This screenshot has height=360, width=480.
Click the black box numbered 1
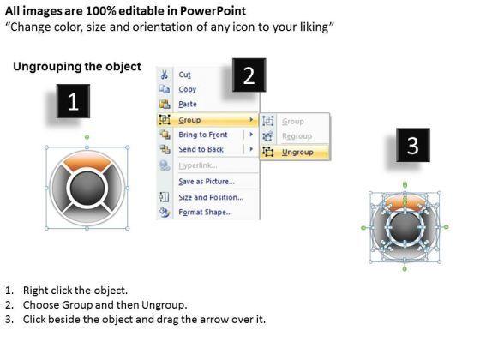click(x=73, y=101)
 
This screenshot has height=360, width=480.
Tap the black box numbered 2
click(x=249, y=75)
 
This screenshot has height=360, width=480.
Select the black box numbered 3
click(x=412, y=145)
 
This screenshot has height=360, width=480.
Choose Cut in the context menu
click(x=184, y=75)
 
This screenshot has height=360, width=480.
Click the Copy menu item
click(x=187, y=89)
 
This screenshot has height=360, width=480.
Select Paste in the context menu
click(x=188, y=104)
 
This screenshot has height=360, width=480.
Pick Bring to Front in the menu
click(x=203, y=135)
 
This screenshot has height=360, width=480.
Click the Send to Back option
click(x=201, y=149)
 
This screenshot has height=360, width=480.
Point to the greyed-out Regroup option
click(x=297, y=136)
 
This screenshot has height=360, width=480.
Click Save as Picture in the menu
click(x=207, y=182)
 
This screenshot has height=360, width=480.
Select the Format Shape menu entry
click(x=205, y=212)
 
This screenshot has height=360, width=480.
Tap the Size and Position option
click(x=211, y=197)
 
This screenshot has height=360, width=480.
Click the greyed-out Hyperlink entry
click(x=198, y=165)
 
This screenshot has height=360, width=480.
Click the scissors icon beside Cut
click(x=165, y=75)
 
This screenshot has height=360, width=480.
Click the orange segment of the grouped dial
click(x=87, y=161)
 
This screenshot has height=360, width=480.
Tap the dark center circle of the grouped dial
click(x=87, y=188)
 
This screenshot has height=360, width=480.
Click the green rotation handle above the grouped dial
click(x=87, y=137)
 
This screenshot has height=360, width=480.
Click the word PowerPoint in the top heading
click(x=213, y=11)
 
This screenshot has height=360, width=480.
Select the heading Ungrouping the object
click(x=77, y=67)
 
